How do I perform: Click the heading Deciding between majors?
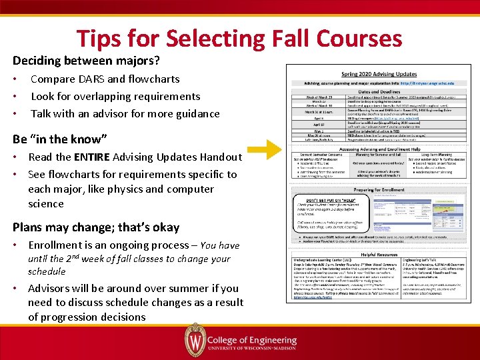click(86, 61)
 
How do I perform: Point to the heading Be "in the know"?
click(59, 139)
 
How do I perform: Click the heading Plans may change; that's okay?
click(96, 227)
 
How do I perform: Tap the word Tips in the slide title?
click(101, 38)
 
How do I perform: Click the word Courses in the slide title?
click(356, 38)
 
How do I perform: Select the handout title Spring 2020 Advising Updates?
click(379, 73)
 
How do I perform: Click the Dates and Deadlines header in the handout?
click(379, 91)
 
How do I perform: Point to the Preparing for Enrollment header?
click(379, 189)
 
